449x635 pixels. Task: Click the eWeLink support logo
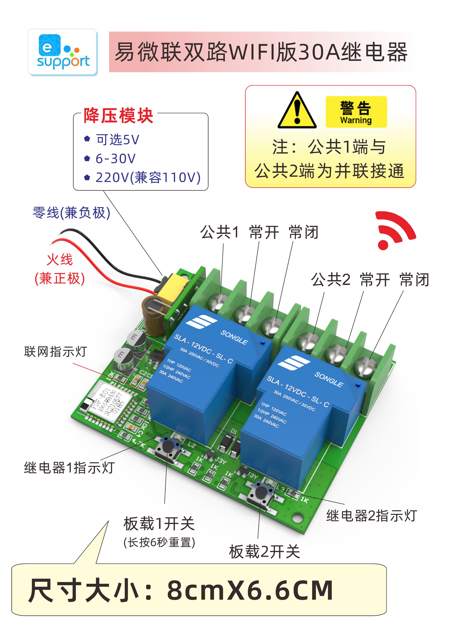click(63, 52)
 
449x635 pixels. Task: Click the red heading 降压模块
click(118, 115)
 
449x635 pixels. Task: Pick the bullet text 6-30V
click(116, 158)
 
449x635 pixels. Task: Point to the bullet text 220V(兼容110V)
click(148, 177)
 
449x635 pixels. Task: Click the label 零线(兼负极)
click(71, 213)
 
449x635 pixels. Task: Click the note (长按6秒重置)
click(159, 542)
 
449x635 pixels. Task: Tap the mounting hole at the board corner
click(297, 516)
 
